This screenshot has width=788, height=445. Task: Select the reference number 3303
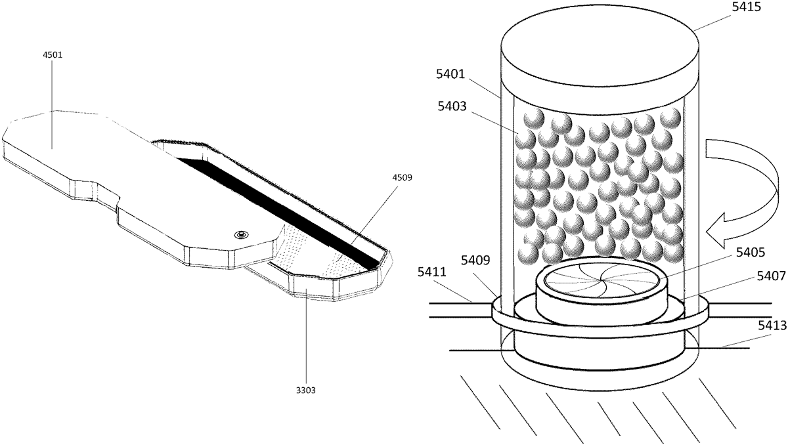tap(306, 389)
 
